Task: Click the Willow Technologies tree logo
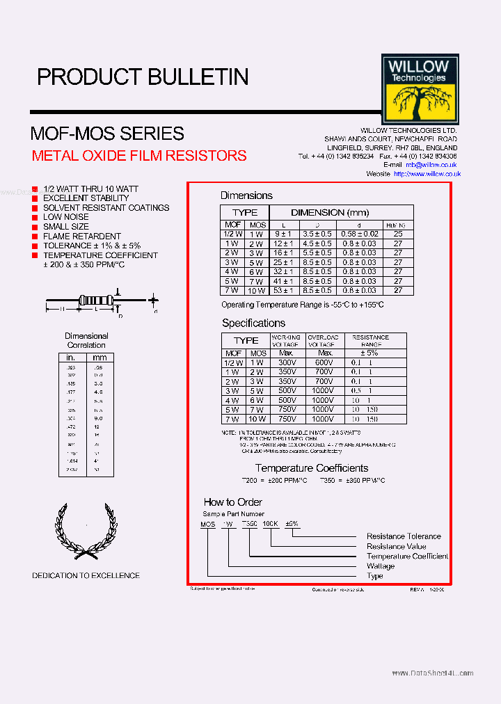(420, 89)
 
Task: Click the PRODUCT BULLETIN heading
(143, 77)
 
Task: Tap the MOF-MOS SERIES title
(107, 133)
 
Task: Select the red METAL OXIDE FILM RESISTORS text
(139, 155)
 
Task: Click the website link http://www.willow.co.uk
(427, 174)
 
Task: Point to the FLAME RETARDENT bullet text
(81, 237)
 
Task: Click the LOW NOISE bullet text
(65, 217)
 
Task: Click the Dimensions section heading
(246, 195)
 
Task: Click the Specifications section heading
(253, 323)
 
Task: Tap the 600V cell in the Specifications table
(324, 362)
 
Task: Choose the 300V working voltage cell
(287, 362)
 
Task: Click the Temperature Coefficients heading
(311, 468)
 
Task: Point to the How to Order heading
(232, 502)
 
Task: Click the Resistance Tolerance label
(404, 536)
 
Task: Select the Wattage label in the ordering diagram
(381, 566)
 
